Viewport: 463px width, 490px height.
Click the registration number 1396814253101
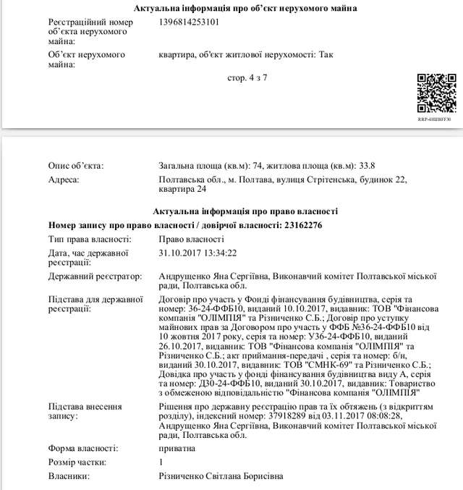coord(188,22)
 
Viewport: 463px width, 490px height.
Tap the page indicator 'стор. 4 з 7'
coord(247,77)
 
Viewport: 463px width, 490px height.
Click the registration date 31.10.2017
coord(181,253)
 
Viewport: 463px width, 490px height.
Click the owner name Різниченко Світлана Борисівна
coord(221,476)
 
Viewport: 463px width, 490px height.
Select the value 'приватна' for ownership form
coord(177,448)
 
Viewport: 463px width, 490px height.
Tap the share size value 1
coord(161,462)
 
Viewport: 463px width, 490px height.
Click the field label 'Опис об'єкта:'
coord(76,166)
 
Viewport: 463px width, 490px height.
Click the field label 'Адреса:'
coord(63,179)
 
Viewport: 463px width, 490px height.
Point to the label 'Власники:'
coord(69,476)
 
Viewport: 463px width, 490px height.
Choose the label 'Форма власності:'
coord(80,448)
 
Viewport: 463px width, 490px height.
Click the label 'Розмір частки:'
coord(77,462)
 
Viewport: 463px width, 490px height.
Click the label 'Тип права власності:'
coord(90,239)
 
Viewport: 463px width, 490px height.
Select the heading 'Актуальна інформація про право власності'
coord(245,211)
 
